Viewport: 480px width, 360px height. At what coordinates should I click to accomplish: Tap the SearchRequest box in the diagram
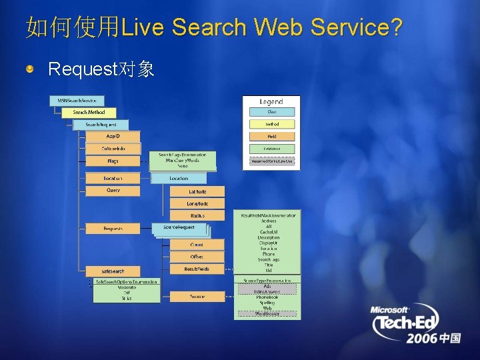[101, 125]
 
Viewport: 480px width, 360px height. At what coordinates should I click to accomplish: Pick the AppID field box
[113, 137]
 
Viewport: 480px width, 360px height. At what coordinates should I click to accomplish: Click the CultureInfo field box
[113, 149]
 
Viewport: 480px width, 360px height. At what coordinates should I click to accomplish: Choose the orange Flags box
[113, 161]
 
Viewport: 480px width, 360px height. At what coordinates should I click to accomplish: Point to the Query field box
[113, 191]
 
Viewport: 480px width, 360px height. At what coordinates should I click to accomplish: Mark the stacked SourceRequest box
[179, 229]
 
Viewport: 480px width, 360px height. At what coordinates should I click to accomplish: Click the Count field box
[197, 245]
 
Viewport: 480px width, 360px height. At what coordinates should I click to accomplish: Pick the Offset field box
[197, 257]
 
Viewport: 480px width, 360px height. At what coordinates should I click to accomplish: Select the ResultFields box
[197, 269]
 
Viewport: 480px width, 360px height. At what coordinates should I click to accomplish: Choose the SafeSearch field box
[113, 271]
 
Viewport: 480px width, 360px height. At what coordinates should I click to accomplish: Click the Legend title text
[271, 101]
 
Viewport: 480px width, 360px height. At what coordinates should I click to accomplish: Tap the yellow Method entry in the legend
[271, 124]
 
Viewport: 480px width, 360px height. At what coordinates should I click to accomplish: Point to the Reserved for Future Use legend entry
[271, 161]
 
